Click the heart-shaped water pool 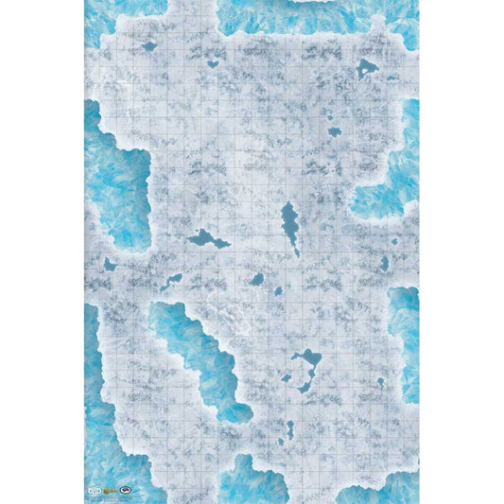click(x=214, y=63)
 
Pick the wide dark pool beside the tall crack click(x=208, y=239)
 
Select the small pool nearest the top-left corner click(x=148, y=45)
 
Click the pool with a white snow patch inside click(x=366, y=67)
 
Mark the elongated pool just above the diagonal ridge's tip click(x=171, y=281)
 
